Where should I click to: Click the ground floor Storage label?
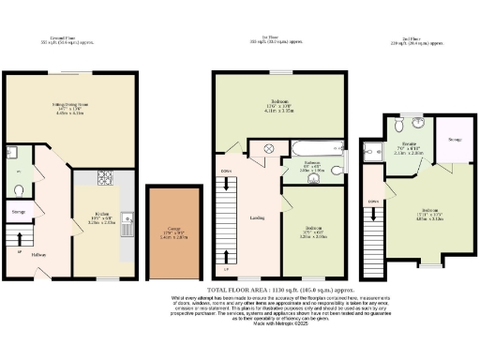click(x=19, y=212)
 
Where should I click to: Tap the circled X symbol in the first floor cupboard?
click(x=266, y=148)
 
